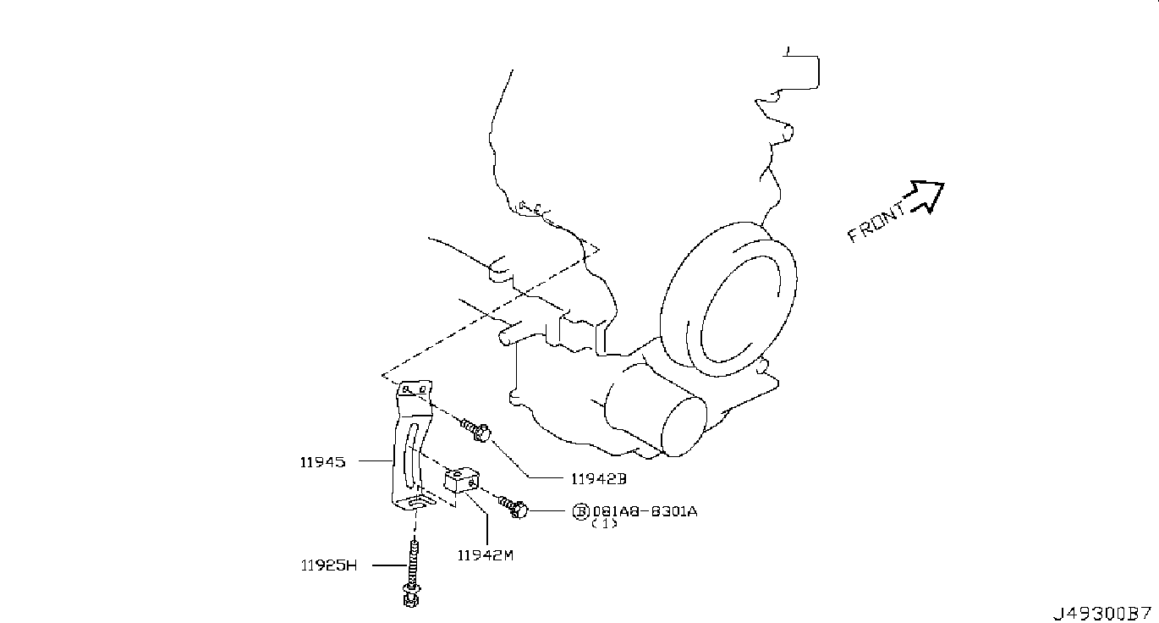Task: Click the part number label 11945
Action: pyautogui.click(x=322, y=462)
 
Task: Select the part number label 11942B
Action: pyautogui.click(x=599, y=479)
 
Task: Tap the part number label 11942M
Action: pyautogui.click(x=486, y=555)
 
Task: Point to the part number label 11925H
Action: pyautogui.click(x=329, y=565)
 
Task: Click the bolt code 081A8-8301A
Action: pyautogui.click(x=645, y=511)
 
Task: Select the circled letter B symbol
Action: pyautogui.click(x=580, y=511)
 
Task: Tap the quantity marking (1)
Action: pyautogui.click(x=604, y=524)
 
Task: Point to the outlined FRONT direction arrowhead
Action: pyautogui.click(x=927, y=196)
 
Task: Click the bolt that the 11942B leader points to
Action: pyautogui.click(x=475, y=431)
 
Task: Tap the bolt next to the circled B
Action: pyautogui.click(x=513, y=507)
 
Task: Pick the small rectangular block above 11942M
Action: pyautogui.click(x=462, y=480)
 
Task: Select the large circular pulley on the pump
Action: pyautogui.click(x=728, y=300)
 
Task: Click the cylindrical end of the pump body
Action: pyautogui.click(x=684, y=427)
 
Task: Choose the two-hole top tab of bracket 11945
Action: pyautogui.click(x=415, y=389)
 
